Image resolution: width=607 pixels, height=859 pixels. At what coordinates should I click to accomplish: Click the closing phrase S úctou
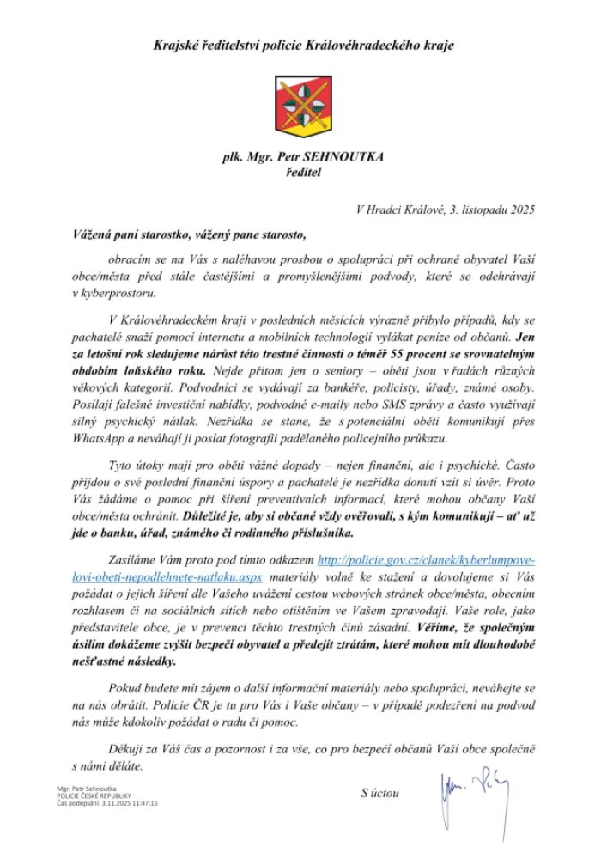point(379,793)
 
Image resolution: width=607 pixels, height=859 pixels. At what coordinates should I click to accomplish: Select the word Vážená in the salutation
point(95,233)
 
